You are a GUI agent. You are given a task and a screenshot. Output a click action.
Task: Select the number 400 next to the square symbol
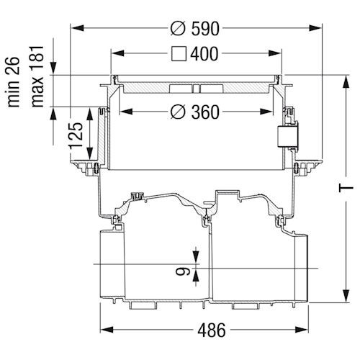(x=205, y=54)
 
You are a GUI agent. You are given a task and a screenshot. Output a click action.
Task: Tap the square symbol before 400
(x=181, y=54)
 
